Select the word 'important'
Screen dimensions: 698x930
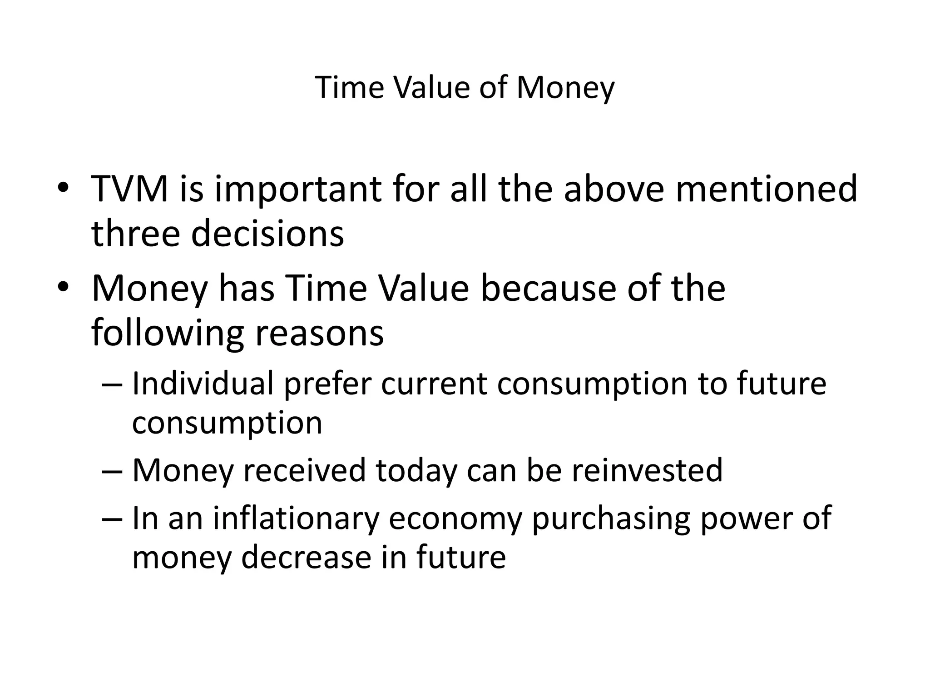pyautogui.click(x=297, y=190)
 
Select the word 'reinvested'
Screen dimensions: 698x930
pyautogui.click(x=647, y=470)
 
